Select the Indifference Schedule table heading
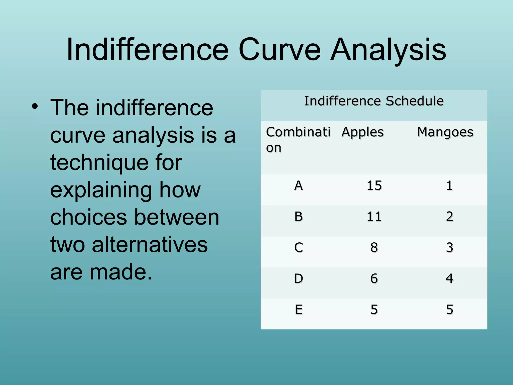tap(374, 101)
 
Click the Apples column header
tap(362, 132)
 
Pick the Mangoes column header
tap(445, 132)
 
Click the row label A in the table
tap(299, 186)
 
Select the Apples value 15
tap(374, 186)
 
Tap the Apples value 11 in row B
tap(374, 217)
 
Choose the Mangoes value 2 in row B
tap(450, 217)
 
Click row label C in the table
tap(299, 248)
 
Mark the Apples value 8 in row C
tap(374, 248)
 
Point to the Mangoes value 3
tap(450, 248)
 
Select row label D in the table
tap(299, 278)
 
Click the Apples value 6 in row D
tap(374, 278)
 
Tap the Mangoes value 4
tap(450, 278)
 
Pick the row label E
tap(299, 310)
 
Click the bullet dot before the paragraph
tap(35, 107)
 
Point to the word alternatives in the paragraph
tap(150, 245)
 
